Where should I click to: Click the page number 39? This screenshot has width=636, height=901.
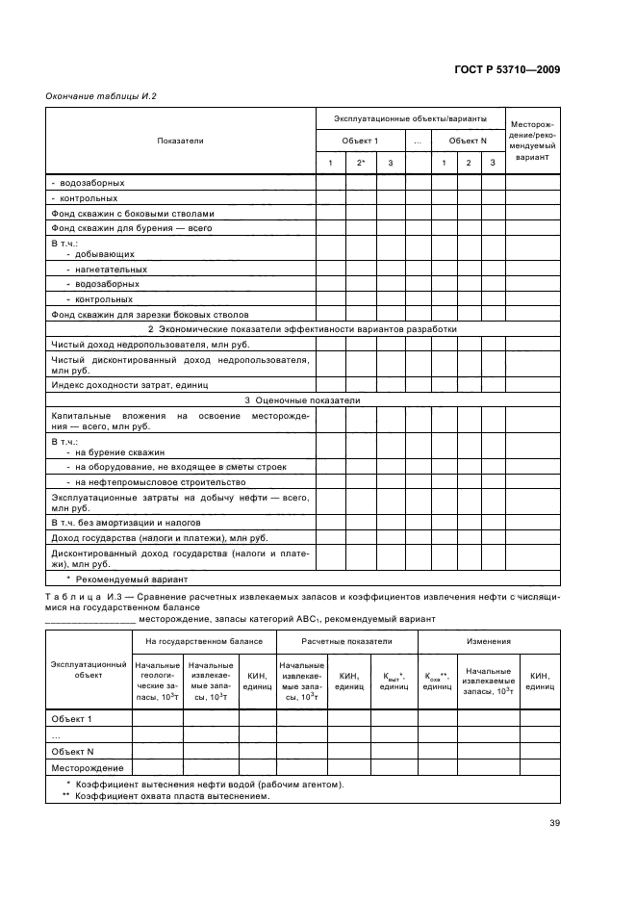(x=555, y=822)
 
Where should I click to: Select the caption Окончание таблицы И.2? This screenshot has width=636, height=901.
(x=101, y=96)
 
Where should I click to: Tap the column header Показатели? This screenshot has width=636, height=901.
(x=180, y=141)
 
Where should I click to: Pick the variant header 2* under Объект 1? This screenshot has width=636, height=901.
(x=361, y=162)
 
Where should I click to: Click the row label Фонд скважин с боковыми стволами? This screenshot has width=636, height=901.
(x=132, y=214)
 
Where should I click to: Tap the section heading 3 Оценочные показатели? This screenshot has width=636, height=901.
(x=302, y=399)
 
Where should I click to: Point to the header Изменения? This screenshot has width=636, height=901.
(x=489, y=640)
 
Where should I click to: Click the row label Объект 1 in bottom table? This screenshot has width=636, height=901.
(x=71, y=718)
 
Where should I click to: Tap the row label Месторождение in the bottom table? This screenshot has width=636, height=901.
(x=88, y=767)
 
